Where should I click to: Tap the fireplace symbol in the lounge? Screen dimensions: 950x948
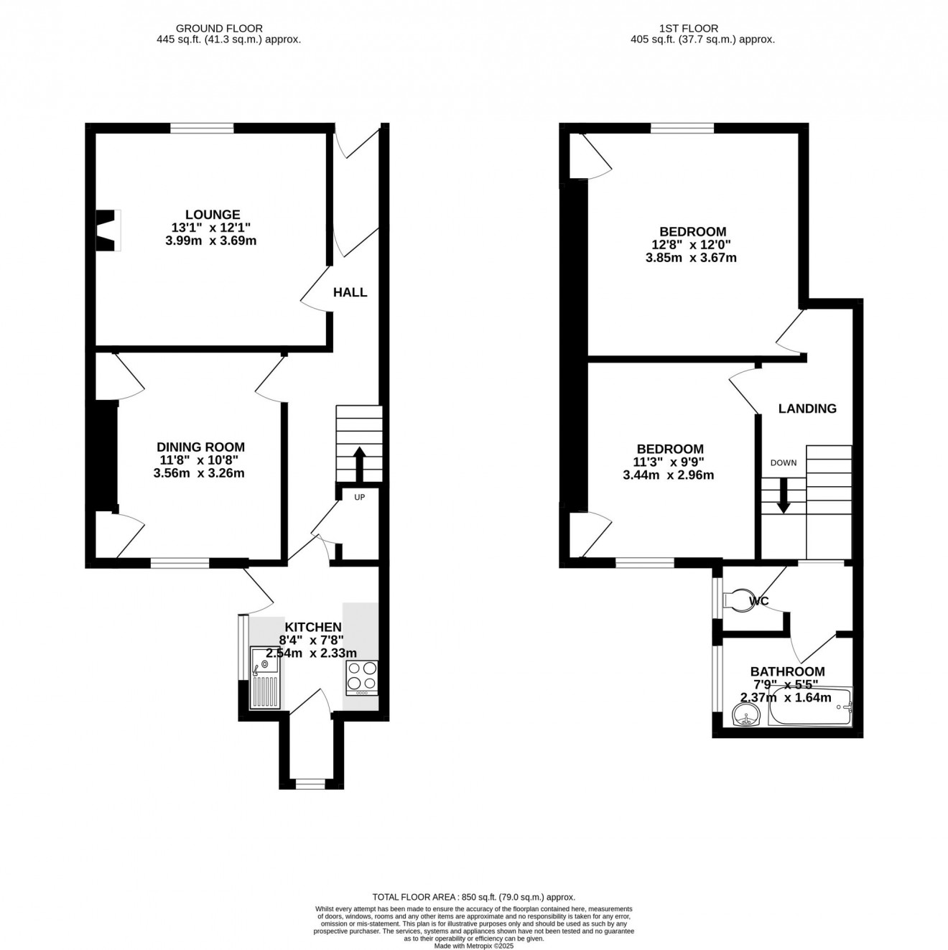(x=108, y=230)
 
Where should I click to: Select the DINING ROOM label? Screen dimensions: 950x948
(x=200, y=447)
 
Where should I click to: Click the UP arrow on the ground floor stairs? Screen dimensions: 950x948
(x=358, y=464)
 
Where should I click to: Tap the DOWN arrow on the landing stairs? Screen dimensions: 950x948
(x=784, y=496)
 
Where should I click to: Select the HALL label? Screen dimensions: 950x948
(x=350, y=292)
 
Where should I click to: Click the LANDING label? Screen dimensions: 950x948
(x=807, y=409)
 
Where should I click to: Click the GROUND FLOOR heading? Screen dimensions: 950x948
(x=228, y=29)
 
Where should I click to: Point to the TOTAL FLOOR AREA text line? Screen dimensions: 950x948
(x=474, y=897)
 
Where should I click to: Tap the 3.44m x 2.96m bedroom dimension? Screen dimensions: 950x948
(x=669, y=475)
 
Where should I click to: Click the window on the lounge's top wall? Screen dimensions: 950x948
(x=202, y=129)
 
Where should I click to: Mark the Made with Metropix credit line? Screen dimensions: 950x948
(x=474, y=946)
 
